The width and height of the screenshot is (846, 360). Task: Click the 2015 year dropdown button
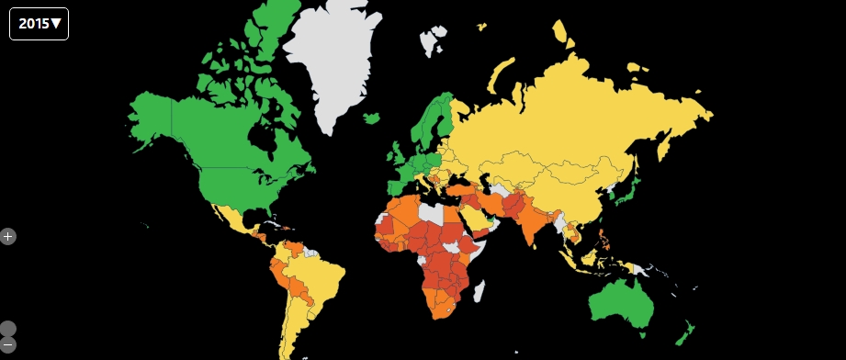click(x=39, y=24)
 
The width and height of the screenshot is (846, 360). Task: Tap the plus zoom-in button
click(x=8, y=236)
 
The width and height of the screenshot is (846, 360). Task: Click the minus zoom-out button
click(x=8, y=345)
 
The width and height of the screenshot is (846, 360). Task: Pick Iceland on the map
click(x=371, y=118)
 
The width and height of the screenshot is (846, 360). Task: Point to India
click(x=531, y=225)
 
